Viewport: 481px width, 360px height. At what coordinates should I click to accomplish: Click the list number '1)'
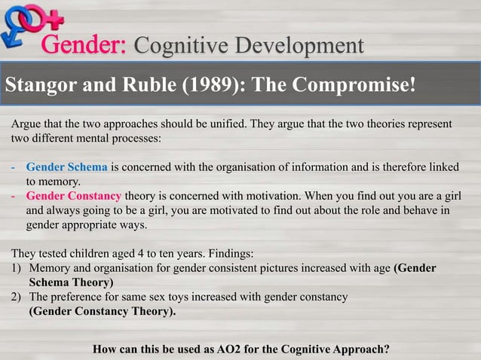tap(17, 268)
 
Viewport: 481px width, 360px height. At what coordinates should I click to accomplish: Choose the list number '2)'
tap(17, 297)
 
